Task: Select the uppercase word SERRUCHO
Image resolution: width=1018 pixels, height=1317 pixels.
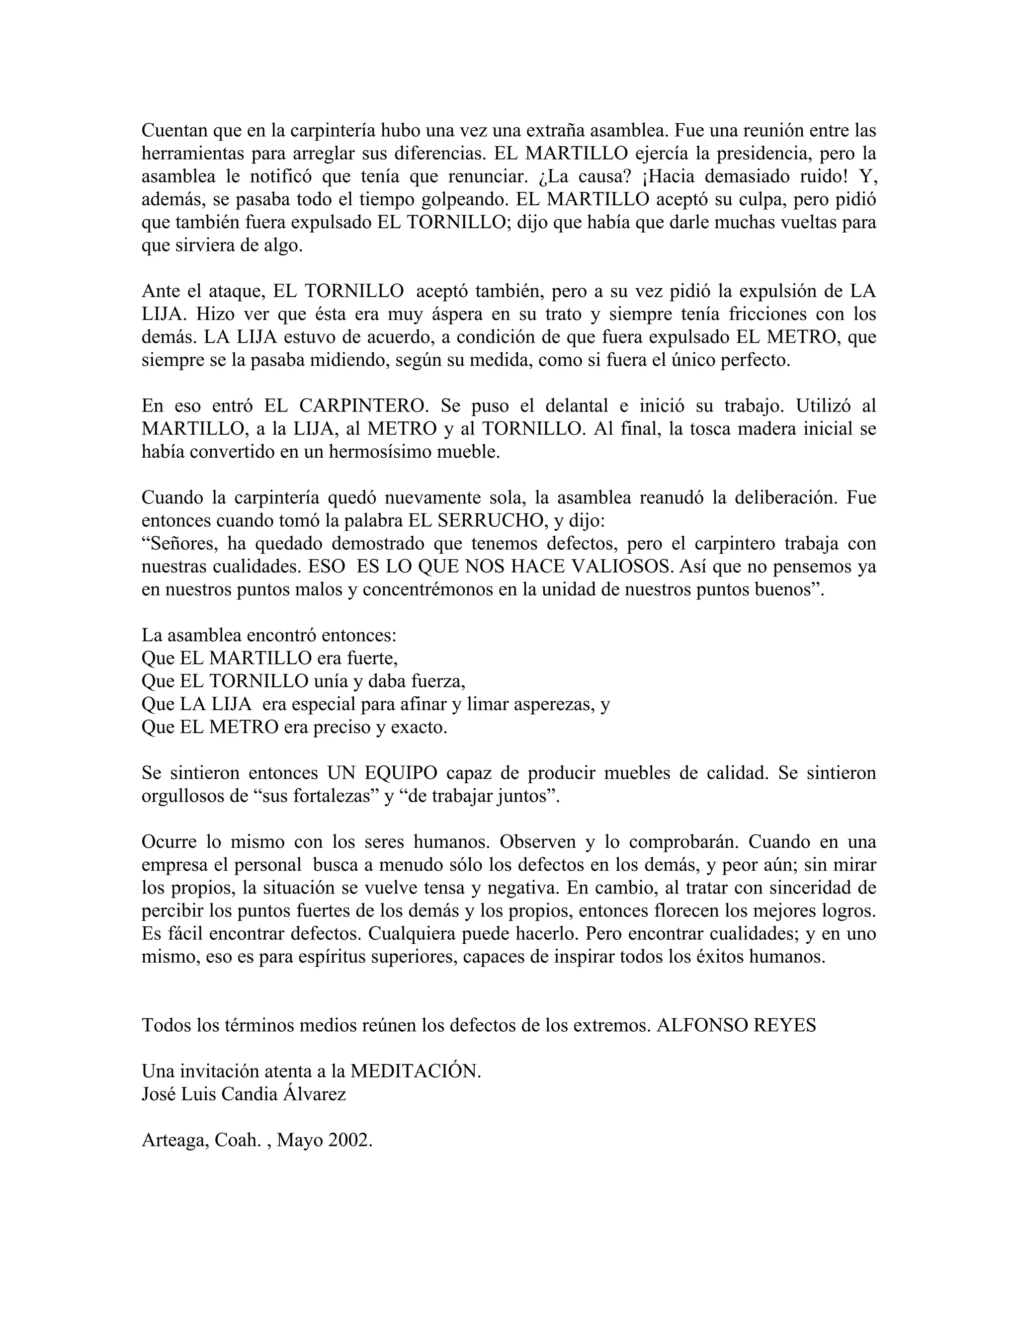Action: pyautogui.click(x=487, y=521)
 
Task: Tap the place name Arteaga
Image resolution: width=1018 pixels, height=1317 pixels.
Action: pyautogui.click(x=175, y=1140)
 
